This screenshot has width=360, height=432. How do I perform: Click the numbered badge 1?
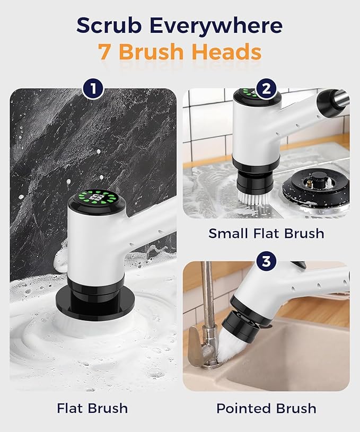[93, 89]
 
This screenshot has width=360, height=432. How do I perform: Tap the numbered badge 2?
[266, 89]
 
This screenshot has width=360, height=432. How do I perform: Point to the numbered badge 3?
[266, 261]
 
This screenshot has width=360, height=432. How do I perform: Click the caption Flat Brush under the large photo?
[92, 408]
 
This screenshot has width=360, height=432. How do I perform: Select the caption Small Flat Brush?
[266, 233]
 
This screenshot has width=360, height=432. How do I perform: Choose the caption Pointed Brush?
[266, 408]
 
